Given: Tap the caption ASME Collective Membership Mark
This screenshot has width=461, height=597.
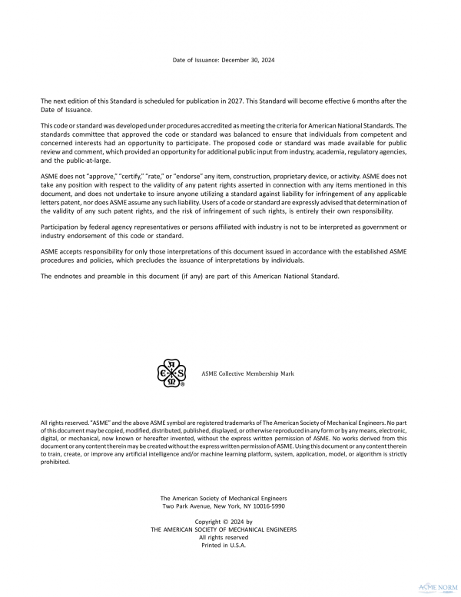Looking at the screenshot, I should [x=247, y=373].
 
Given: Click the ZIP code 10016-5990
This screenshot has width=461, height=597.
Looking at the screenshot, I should [x=271, y=507].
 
